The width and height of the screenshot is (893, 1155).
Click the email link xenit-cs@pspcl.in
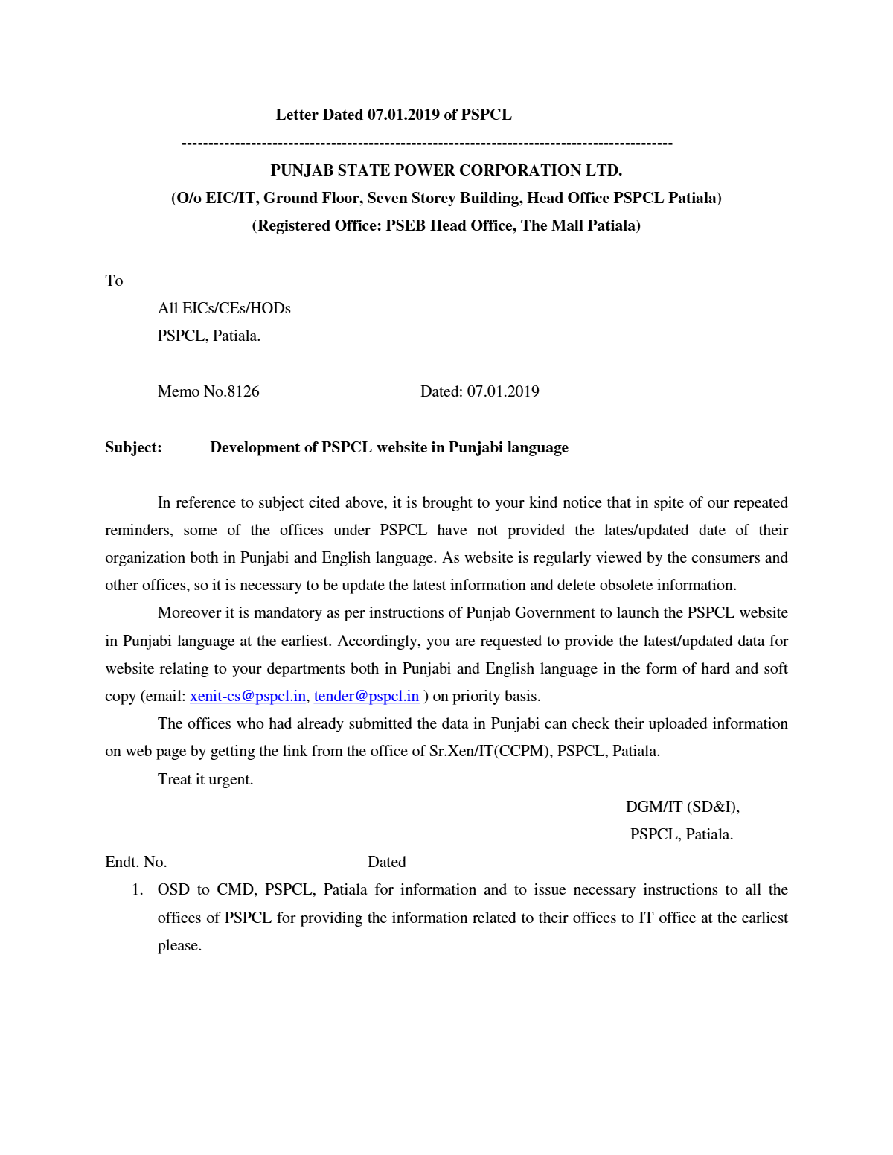[x=248, y=697]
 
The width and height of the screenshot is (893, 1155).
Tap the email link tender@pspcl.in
[x=366, y=697]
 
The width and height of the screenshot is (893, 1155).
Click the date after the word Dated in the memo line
[x=503, y=392]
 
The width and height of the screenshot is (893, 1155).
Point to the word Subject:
[x=133, y=448]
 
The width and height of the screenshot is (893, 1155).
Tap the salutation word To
[x=114, y=281]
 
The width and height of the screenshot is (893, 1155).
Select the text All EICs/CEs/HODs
[x=224, y=309]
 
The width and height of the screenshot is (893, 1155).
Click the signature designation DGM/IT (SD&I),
[x=682, y=807]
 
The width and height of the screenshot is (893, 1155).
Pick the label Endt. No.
[x=136, y=863]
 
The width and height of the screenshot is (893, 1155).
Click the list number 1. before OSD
[x=137, y=890]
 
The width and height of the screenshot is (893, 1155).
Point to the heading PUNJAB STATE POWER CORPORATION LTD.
[x=446, y=171]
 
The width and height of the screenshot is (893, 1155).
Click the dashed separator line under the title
[x=426, y=143]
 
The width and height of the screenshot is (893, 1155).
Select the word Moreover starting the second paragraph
[x=190, y=613]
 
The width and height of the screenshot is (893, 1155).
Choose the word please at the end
[x=179, y=946]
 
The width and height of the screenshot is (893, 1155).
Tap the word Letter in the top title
[x=297, y=115]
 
